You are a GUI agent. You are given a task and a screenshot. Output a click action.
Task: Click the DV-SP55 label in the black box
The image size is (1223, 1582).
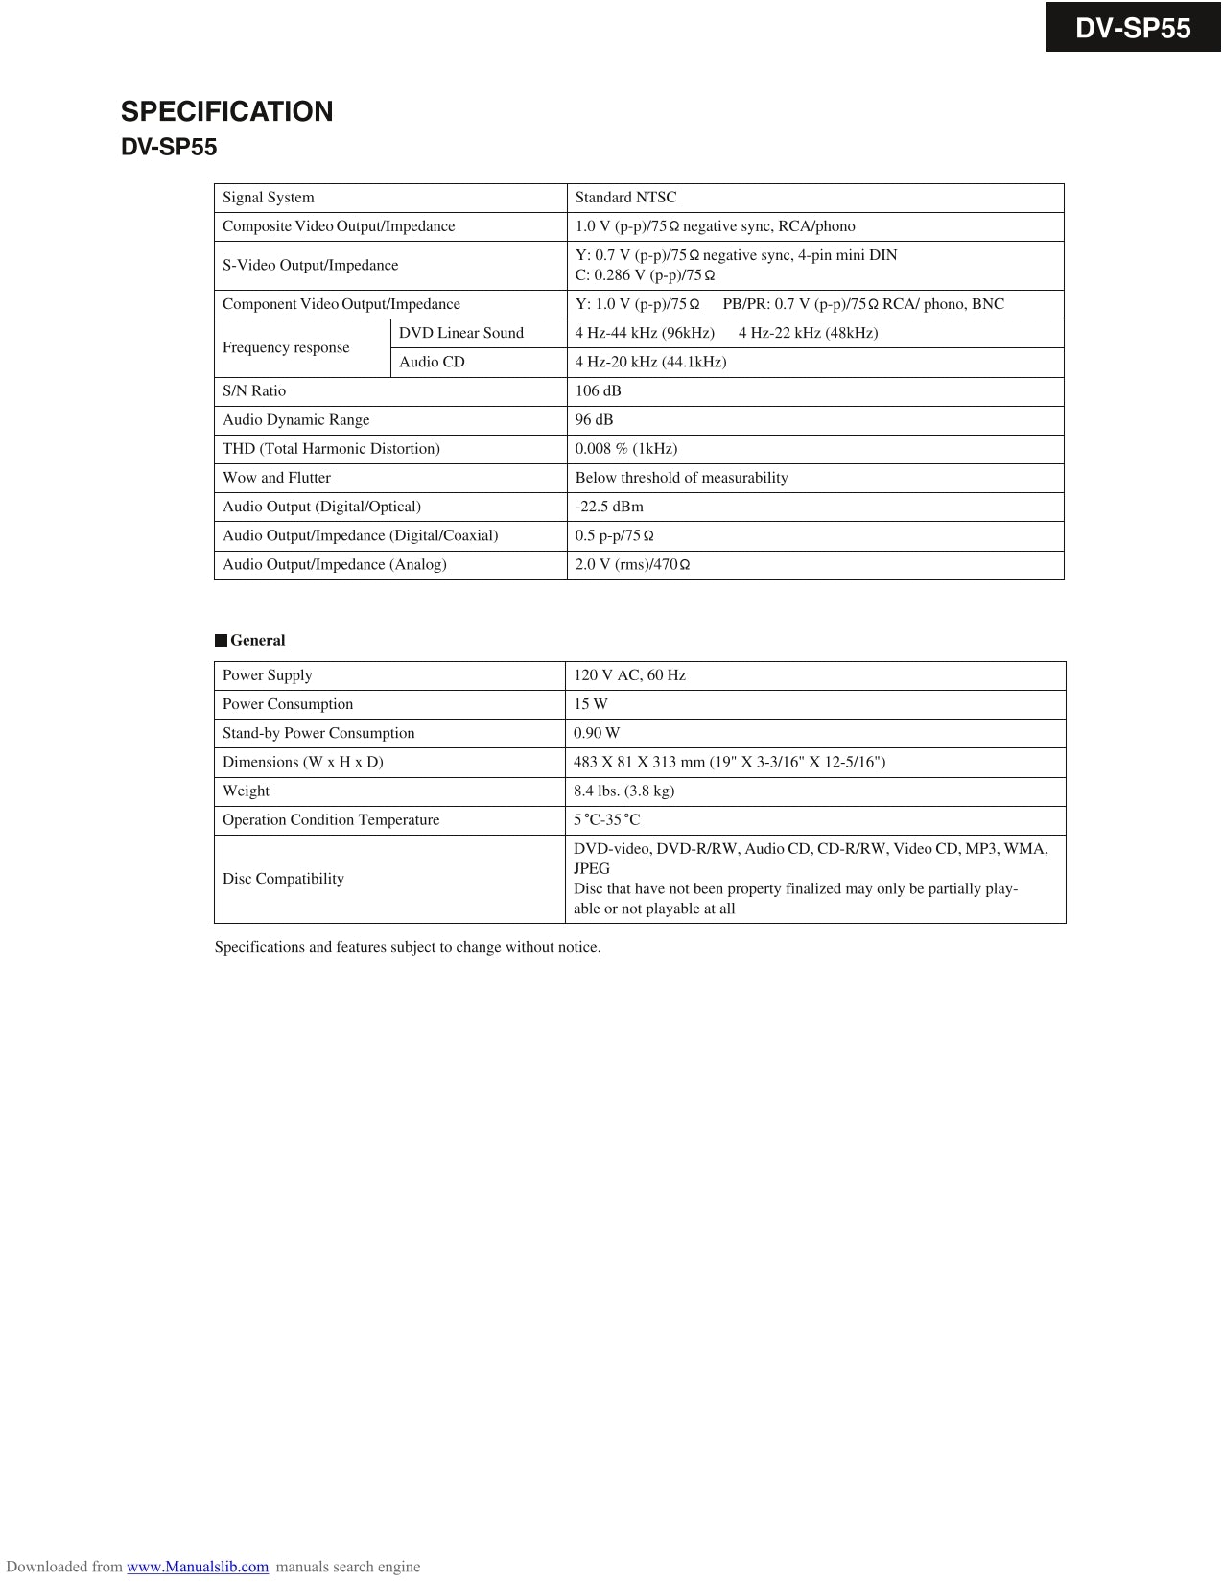point(1132,28)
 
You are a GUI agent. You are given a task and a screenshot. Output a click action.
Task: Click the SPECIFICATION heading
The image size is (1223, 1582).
point(226,111)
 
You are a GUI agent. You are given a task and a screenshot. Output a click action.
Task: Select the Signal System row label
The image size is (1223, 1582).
point(268,198)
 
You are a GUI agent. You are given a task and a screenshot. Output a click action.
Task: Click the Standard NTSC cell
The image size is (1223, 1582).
point(625,198)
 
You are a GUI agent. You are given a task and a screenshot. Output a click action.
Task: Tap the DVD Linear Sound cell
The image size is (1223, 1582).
point(460,333)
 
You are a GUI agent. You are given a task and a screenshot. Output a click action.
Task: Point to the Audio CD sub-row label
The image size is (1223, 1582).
point(432,362)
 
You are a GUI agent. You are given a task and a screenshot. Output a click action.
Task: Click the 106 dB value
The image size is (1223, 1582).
point(598,390)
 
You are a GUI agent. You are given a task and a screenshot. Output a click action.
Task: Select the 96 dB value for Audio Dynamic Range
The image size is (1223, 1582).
point(594,419)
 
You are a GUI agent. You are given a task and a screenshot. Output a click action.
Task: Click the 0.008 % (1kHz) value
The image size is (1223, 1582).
point(625,448)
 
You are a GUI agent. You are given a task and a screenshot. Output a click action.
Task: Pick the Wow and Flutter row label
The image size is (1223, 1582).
point(276,478)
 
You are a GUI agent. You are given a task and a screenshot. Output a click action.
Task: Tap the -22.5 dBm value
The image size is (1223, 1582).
point(609,507)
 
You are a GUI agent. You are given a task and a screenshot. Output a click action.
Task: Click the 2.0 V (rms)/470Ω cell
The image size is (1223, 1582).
point(632,564)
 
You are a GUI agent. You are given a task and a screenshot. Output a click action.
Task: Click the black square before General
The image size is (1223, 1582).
point(221,641)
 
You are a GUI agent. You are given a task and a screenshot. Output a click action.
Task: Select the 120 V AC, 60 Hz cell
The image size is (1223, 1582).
point(629,675)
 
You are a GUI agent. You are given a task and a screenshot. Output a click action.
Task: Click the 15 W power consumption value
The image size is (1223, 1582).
point(590,704)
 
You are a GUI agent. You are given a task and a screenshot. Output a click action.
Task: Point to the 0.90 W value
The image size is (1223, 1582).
point(597,733)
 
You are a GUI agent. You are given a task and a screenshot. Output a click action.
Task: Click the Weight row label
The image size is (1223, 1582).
point(246,791)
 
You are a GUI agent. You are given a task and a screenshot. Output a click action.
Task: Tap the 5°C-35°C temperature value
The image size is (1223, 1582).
point(606,819)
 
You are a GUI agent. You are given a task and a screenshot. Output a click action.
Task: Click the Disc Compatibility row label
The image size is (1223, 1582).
point(283,879)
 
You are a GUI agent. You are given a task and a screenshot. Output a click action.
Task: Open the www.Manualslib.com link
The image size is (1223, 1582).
point(198,1567)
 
